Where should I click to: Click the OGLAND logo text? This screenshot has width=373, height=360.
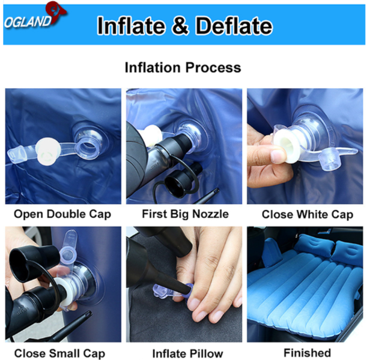coord(28,22)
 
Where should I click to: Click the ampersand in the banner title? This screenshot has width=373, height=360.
coord(180,25)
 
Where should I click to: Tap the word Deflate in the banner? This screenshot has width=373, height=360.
coord(234,25)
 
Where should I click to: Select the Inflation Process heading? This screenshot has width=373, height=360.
coord(183,67)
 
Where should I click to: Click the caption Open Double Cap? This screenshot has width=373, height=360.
coord(62,214)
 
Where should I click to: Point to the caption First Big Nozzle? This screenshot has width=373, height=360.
coord(186,214)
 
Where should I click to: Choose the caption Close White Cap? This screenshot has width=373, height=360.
coord(308,214)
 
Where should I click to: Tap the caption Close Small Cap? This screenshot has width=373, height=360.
coord(59,353)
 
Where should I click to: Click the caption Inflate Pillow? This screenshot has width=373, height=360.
coord(187,353)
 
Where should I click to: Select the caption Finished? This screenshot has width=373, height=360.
coord(308,353)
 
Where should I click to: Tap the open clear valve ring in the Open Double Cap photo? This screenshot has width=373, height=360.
coord(87,146)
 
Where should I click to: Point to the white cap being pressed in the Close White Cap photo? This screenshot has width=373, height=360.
coord(286,143)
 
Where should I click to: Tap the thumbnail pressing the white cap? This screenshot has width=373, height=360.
coord(278,155)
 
